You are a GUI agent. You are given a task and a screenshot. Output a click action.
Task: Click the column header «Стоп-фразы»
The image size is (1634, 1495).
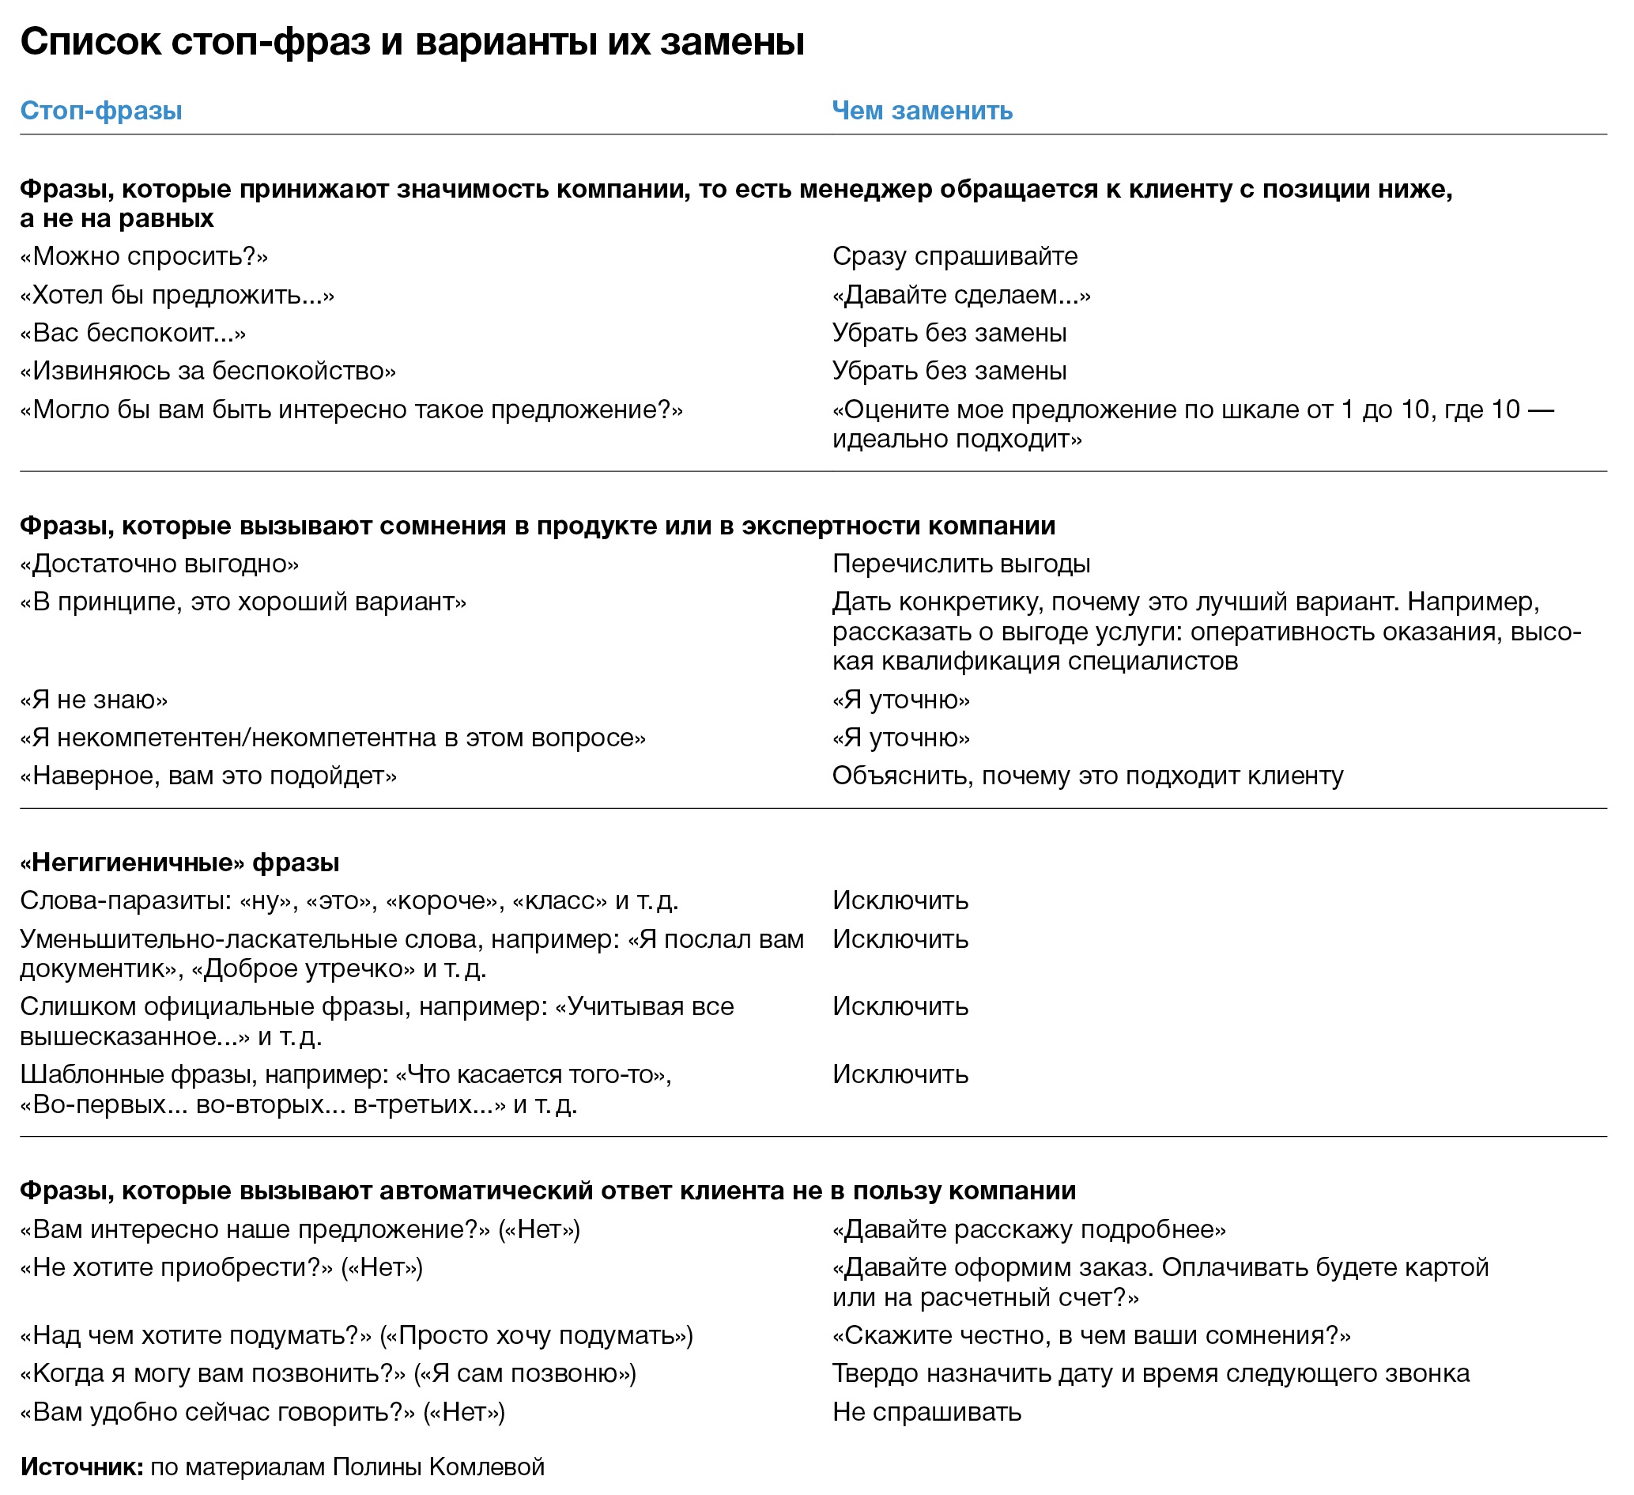(100, 110)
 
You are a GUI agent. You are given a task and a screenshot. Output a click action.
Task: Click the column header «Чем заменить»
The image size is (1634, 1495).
(923, 110)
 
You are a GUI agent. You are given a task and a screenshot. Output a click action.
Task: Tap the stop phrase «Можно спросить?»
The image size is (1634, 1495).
(145, 256)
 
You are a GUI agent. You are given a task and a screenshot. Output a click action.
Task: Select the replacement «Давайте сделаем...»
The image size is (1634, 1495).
(961, 294)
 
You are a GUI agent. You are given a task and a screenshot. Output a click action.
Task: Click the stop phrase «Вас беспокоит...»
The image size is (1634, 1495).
(133, 332)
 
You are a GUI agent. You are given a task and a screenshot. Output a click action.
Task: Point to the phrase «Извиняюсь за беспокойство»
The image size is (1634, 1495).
(209, 371)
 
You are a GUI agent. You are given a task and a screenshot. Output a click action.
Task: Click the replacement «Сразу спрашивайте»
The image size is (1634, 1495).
(955, 256)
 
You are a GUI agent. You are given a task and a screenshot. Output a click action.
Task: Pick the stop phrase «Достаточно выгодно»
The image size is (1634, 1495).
(160, 564)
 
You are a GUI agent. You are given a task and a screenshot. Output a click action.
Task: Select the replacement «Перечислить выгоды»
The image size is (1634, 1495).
(961, 564)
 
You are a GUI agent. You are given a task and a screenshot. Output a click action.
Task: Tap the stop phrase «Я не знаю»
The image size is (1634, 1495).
(94, 699)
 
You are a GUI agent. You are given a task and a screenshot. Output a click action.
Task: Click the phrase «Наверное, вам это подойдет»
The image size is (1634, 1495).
(209, 776)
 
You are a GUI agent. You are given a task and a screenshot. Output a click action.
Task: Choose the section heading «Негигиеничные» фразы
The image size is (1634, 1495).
(179, 862)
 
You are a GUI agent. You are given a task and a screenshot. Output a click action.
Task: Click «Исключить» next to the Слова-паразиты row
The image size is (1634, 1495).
(900, 900)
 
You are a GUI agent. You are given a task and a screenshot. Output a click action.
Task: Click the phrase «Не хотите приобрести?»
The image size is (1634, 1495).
(177, 1267)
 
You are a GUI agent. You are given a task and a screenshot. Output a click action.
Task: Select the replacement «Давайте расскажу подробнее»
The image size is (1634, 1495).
(1028, 1229)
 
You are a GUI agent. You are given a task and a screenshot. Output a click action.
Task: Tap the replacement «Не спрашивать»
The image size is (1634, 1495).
(926, 1411)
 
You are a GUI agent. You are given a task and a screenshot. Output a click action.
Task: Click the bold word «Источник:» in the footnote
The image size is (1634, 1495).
(82, 1467)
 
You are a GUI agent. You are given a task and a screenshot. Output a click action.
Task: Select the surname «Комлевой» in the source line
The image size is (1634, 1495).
(486, 1467)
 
